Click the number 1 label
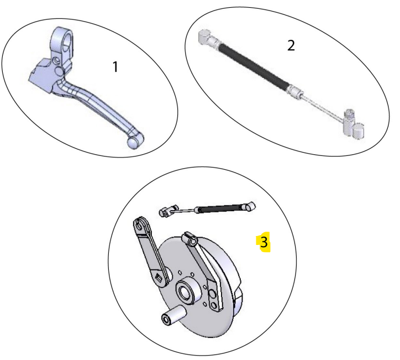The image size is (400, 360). pos(115,67)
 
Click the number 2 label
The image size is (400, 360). pos(291,45)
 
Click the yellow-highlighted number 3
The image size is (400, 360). pos(264,242)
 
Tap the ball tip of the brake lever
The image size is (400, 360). pos(133,143)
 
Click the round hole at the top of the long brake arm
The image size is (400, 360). pos(139,226)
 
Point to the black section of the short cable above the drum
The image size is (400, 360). pos(219,208)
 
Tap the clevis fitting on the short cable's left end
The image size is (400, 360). pos(167,211)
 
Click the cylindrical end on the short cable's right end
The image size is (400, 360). pos(249,206)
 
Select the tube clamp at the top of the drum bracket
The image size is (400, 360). pos(190,239)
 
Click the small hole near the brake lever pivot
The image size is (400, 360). pos(56,60)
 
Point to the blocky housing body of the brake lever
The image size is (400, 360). pos(42,75)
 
